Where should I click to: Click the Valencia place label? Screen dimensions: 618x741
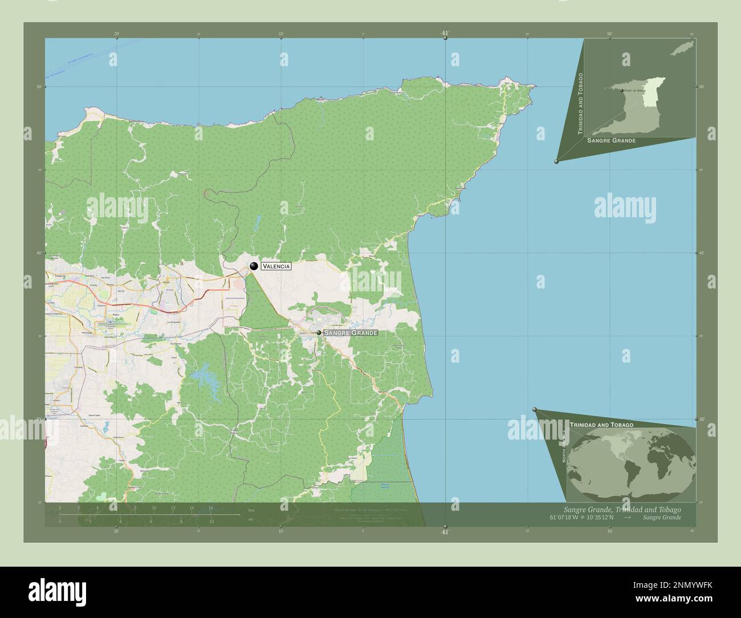276,266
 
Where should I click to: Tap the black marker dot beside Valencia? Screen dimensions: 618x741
254,266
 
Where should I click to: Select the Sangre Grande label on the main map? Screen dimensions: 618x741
350,332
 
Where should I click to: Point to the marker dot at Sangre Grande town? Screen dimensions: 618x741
319,332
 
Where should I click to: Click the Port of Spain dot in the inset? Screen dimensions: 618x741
622,90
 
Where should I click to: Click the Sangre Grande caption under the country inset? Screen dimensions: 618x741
611,140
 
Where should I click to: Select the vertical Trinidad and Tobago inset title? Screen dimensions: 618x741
581,103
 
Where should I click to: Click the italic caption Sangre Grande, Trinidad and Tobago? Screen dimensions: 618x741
622,509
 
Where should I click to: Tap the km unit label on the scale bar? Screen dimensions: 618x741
251,510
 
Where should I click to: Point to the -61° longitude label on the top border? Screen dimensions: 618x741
445,33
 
